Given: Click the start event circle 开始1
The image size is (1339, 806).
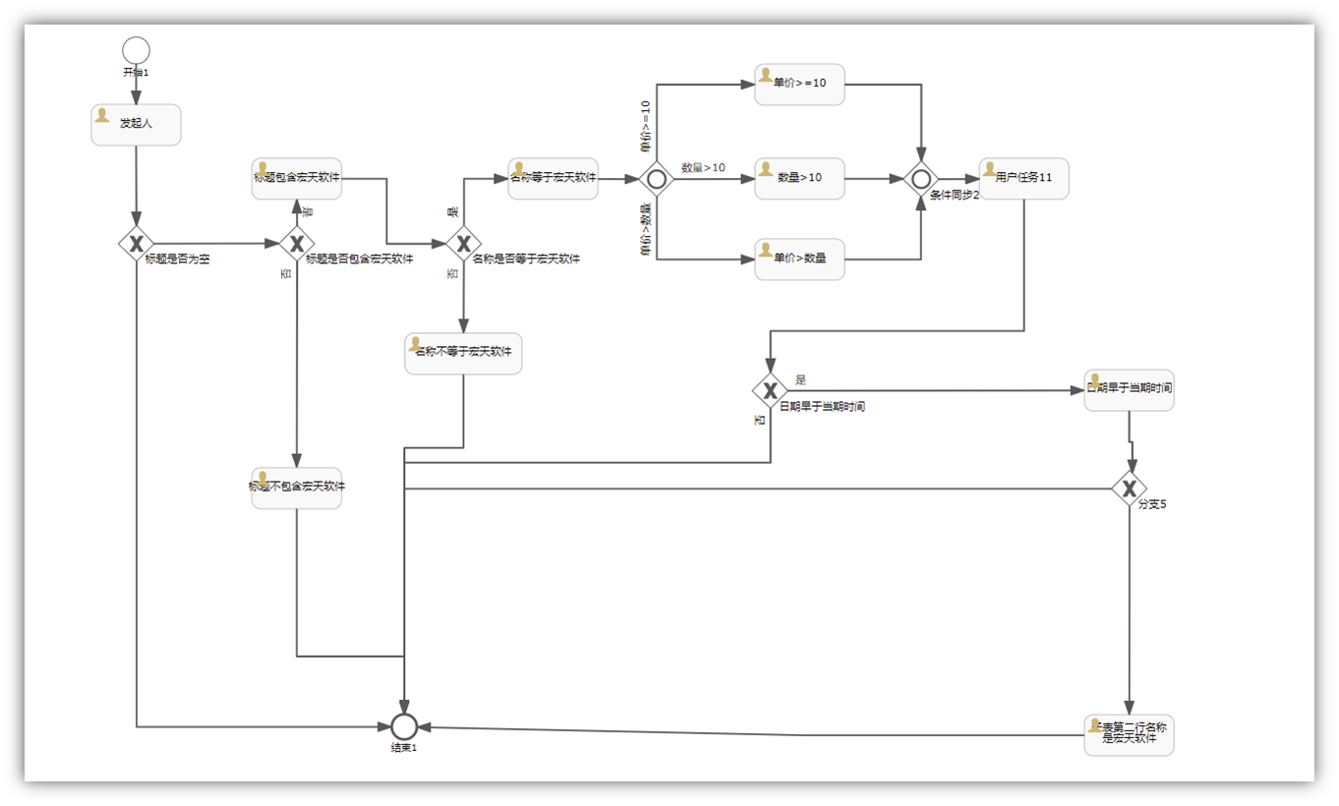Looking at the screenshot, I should [136, 50].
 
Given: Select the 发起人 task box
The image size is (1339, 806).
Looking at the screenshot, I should [136, 125].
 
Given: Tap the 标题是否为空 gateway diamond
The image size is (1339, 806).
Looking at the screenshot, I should [137, 243].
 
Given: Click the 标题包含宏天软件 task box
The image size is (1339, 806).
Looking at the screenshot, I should [296, 179].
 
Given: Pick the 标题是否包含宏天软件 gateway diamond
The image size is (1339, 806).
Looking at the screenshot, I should [296, 243].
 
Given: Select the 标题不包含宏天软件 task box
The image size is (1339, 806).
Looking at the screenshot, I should [296, 488].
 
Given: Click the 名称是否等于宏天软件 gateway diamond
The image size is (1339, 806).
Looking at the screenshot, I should [463, 243].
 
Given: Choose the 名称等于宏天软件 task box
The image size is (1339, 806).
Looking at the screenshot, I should [553, 179].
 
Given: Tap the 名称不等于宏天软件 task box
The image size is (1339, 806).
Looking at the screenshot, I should [463, 354].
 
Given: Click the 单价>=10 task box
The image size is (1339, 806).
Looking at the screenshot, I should [799, 85].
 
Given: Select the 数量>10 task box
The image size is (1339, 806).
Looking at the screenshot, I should [799, 179].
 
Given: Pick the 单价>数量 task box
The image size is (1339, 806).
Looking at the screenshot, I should [799, 259].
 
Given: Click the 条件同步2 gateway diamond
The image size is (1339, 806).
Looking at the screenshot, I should [921, 179].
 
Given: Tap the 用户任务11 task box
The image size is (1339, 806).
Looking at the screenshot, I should [1023, 179].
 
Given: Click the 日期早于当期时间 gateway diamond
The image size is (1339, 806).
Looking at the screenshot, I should [771, 390].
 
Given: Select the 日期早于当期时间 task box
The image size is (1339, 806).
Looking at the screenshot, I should [1129, 390].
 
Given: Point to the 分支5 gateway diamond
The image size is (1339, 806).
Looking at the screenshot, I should [1130, 488].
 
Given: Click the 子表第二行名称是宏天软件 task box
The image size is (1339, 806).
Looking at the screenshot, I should [1129, 734].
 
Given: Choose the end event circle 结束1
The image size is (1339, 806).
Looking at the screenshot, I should [404, 727].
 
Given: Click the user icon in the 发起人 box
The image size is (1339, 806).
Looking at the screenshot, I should [101, 115].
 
